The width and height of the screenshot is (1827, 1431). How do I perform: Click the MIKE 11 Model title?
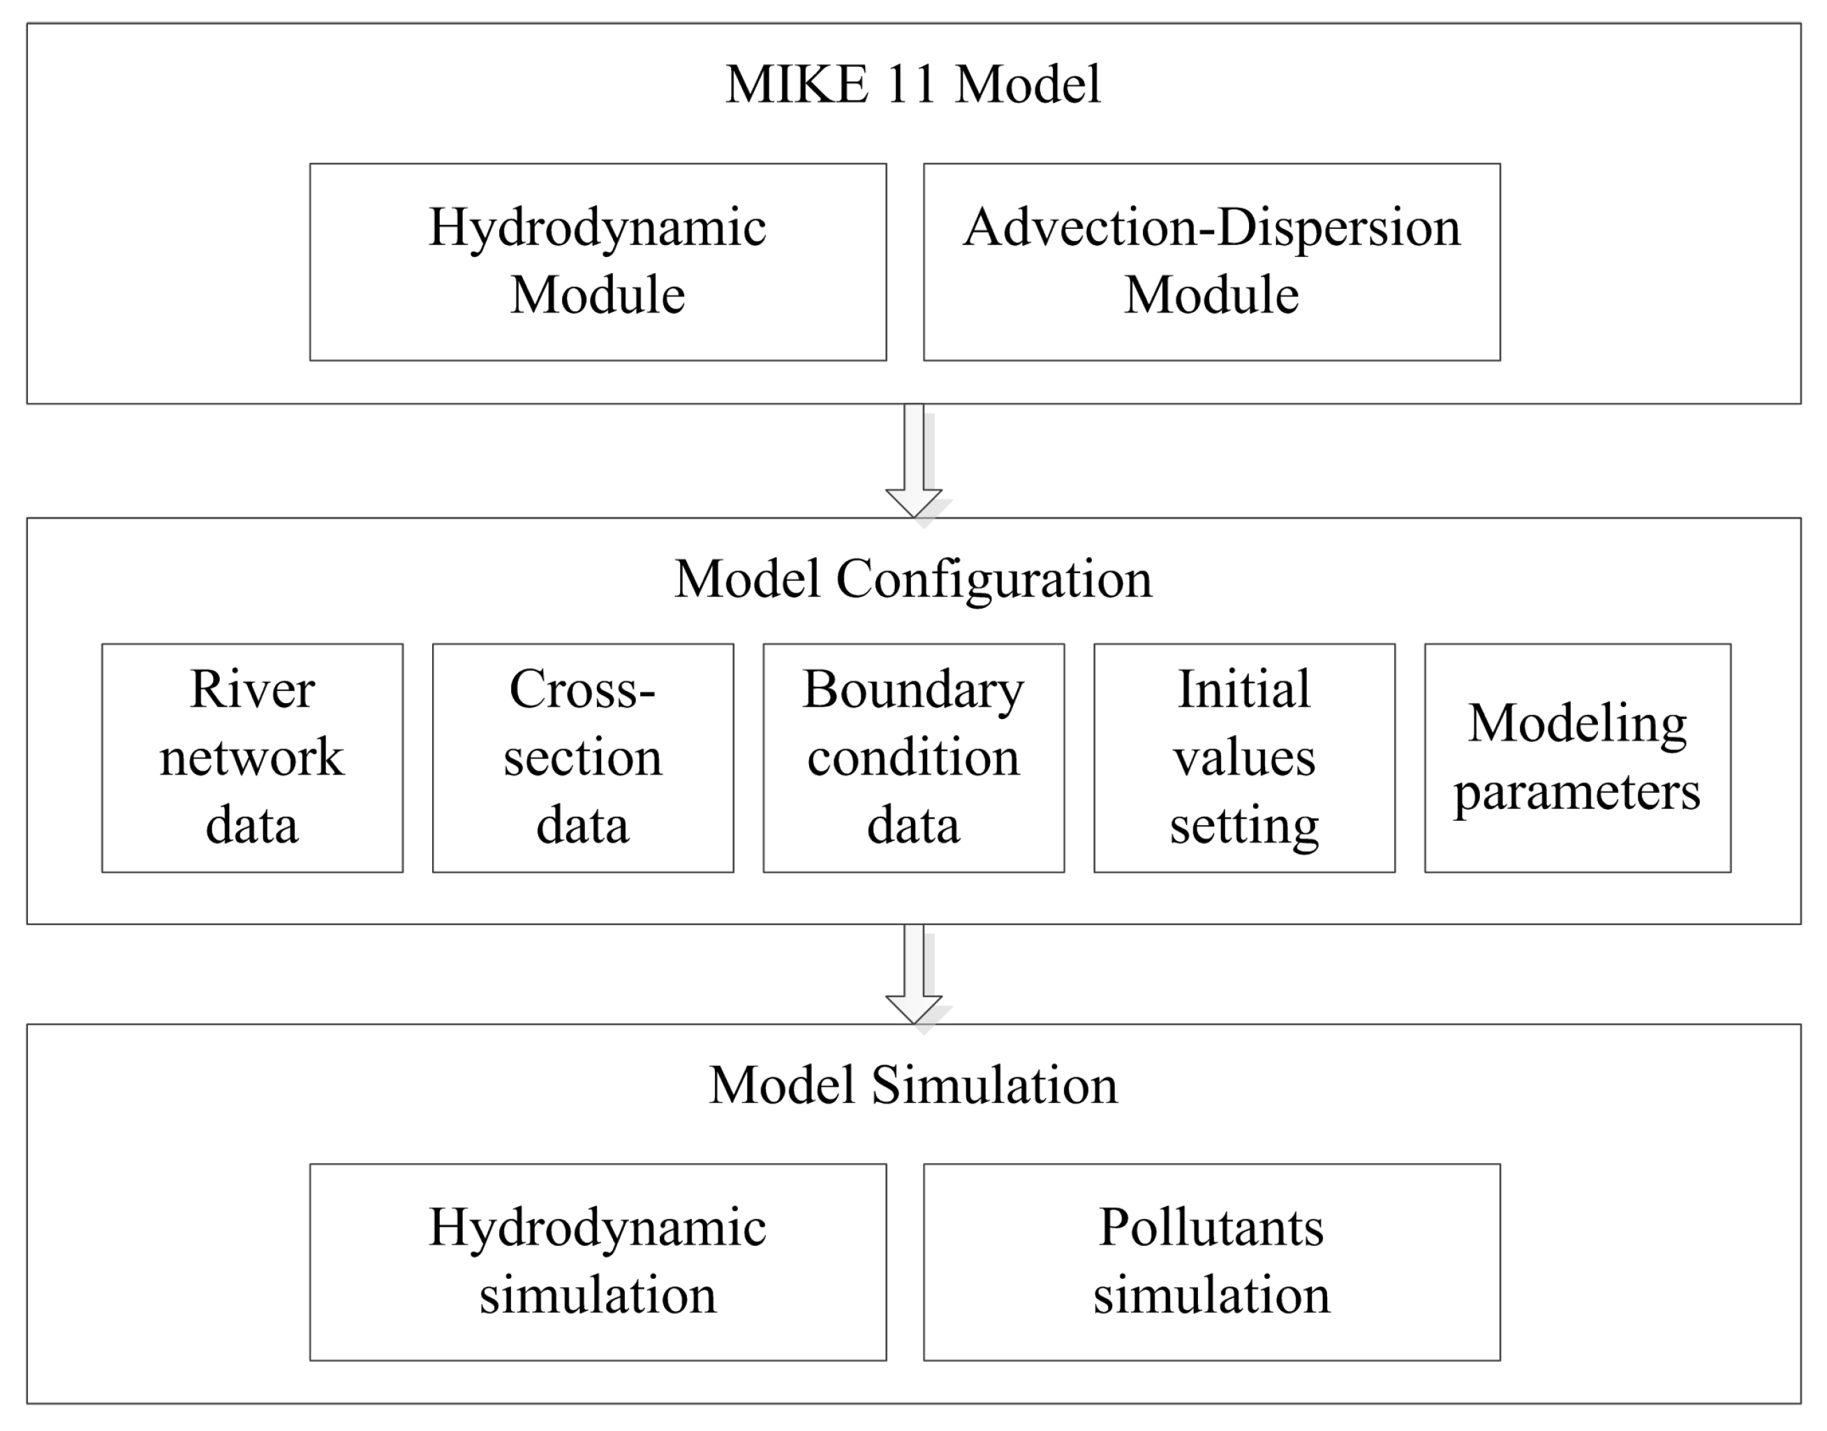[x=912, y=84]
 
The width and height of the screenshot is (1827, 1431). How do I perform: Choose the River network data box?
[x=252, y=757]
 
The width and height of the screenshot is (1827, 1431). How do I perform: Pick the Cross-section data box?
[x=582, y=757]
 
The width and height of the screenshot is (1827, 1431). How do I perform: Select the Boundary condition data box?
[x=913, y=757]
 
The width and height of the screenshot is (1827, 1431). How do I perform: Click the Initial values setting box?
[x=1244, y=757]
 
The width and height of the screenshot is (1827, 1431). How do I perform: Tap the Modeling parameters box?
[x=1576, y=757]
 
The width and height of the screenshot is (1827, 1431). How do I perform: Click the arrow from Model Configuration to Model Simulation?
[x=913, y=972]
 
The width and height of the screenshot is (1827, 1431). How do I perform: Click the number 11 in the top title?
[x=910, y=84]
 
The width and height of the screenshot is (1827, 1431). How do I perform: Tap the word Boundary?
[x=913, y=690]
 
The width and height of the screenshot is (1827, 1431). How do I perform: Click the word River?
[x=252, y=690]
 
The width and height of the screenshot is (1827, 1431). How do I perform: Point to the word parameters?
[x=1576, y=792]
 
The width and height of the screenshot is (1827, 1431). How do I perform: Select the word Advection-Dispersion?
[x=1211, y=228]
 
